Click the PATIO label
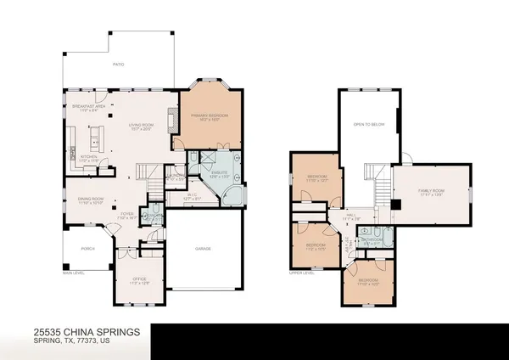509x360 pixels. (119, 64)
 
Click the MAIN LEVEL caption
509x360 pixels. (76, 273)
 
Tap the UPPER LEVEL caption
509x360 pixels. (303, 273)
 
